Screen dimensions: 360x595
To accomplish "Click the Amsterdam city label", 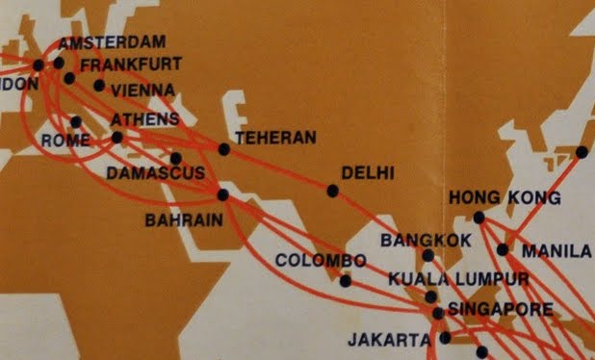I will pos(112,42).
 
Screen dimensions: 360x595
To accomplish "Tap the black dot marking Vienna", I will pos(99,85).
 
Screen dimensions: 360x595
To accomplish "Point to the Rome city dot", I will pos(76,122).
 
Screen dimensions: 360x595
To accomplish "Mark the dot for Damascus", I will pos(176,159).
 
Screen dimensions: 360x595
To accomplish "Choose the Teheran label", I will pos(275,138).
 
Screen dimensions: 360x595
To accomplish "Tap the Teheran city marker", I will pos(224,149).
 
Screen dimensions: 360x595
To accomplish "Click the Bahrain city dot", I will pos(223,194).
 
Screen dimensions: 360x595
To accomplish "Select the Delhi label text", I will pos(369,173).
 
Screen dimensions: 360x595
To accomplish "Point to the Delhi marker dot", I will pos(332,191).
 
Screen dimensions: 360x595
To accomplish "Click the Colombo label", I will pos(321,261).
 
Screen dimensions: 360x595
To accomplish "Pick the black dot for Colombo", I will pos(345,281).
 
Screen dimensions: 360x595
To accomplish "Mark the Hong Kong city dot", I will pos(479,218).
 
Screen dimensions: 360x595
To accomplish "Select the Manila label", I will pos(556,251).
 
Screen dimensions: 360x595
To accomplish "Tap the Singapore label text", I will pos(500,309).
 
